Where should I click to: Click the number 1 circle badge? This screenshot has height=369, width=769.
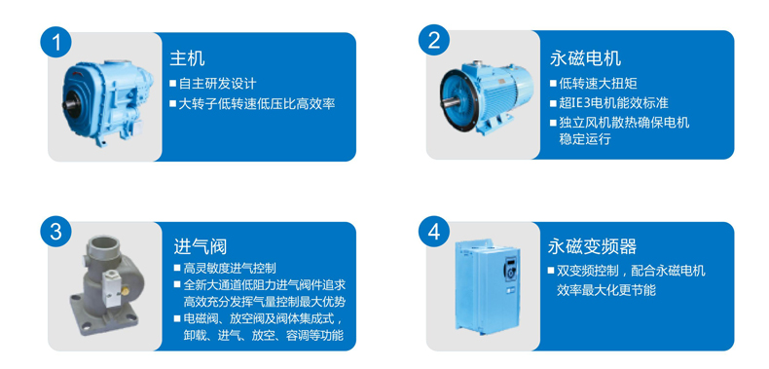point(55,42)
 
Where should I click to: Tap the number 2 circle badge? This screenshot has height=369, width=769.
point(434,40)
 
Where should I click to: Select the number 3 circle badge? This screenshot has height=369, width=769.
point(55,231)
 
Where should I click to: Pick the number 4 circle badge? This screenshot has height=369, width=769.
point(434,231)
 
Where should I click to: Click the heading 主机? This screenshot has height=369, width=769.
point(187,58)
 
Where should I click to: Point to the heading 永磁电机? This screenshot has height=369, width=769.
point(585,58)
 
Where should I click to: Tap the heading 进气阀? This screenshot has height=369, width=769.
point(201,246)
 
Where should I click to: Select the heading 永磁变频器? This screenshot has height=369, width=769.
point(592,246)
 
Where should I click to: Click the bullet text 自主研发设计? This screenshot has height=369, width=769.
point(217,84)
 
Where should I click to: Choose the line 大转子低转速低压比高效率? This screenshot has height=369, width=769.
point(257,103)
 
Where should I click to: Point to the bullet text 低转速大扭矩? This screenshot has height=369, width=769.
point(598,84)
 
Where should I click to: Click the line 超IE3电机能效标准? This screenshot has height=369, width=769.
point(613,103)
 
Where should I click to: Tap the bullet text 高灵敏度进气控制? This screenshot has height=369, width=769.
point(230,268)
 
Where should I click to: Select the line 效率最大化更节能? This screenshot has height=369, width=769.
point(606,290)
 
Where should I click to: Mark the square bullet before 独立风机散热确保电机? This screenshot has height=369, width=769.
point(553,122)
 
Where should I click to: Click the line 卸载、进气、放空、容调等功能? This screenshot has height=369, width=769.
point(263,336)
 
